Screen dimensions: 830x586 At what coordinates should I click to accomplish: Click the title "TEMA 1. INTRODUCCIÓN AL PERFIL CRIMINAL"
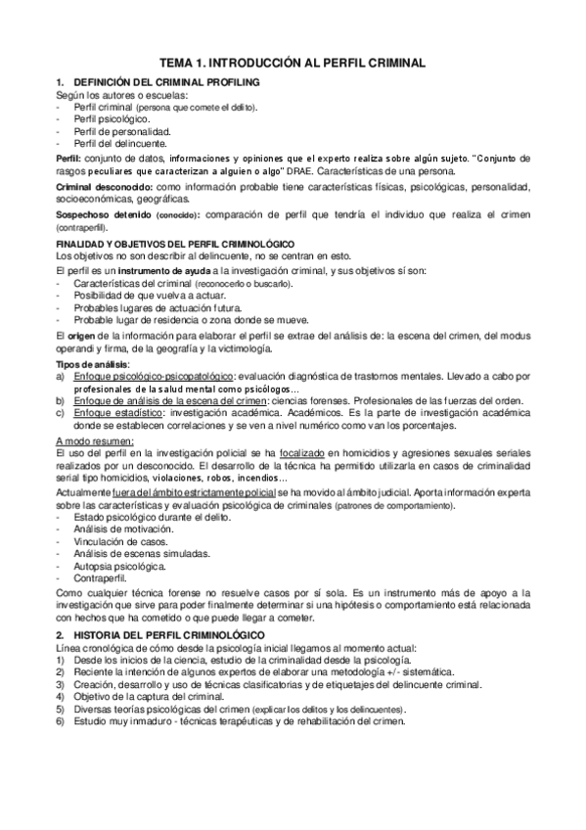click(293, 62)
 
